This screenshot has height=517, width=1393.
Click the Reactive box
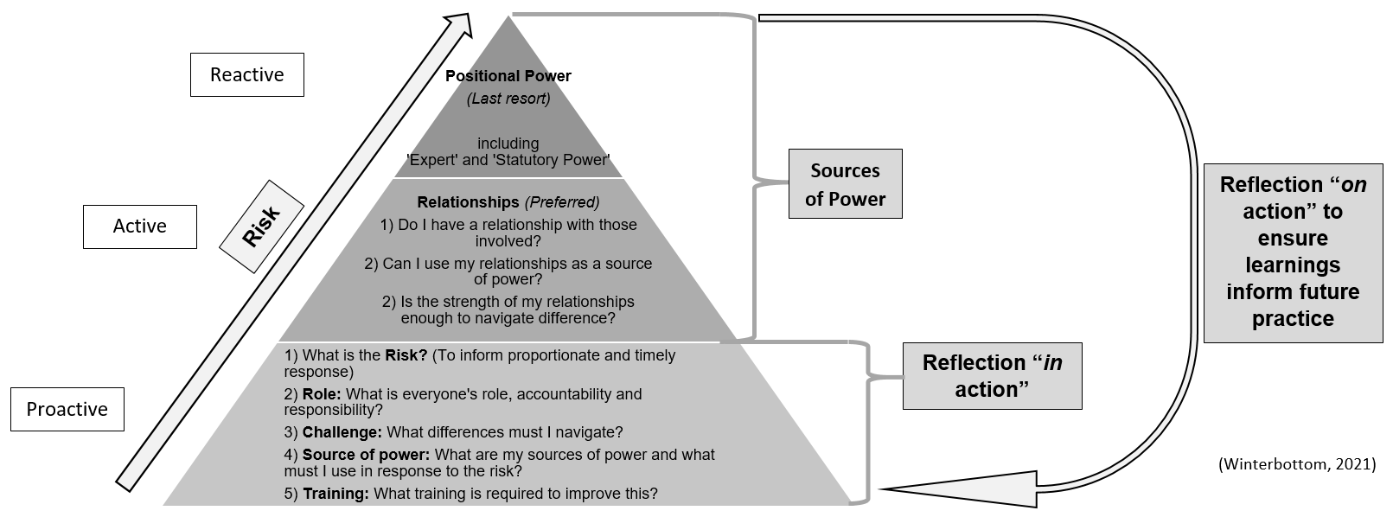click(246, 74)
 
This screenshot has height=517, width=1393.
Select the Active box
click(139, 227)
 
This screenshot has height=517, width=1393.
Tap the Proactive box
click(67, 409)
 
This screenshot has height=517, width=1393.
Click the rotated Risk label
click(261, 227)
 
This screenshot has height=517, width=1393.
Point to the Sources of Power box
click(845, 184)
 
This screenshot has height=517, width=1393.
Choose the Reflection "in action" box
click(992, 376)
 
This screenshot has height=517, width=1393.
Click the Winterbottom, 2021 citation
click(1296, 464)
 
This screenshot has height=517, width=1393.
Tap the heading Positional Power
click(508, 76)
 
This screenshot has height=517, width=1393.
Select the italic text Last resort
click(508, 99)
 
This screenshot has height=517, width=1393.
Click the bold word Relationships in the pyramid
click(468, 202)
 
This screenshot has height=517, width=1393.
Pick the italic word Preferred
click(562, 202)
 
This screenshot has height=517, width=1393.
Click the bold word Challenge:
click(342, 432)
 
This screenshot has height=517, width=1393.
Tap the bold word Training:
click(335, 494)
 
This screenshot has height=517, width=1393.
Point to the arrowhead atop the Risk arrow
click(458, 25)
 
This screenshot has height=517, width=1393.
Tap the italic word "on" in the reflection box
click(1353, 185)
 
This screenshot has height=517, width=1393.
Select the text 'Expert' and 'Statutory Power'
click(508, 160)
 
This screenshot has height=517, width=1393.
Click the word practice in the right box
click(1293, 319)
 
